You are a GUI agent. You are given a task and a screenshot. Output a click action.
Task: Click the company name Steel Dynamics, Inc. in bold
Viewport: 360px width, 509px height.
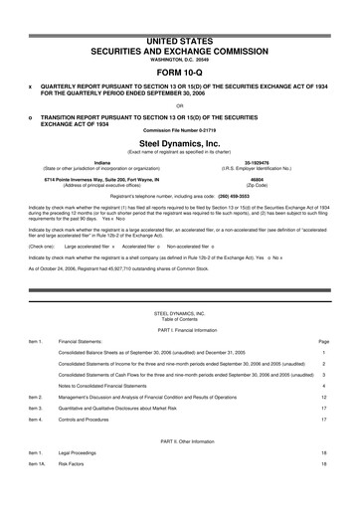coord(179,143)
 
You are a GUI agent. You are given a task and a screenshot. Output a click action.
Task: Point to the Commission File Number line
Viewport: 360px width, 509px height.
coord(179,131)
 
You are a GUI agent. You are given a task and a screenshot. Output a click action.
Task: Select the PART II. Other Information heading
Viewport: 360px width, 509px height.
coord(179,466)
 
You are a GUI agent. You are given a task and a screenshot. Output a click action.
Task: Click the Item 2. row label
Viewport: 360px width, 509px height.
coord(38,424)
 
